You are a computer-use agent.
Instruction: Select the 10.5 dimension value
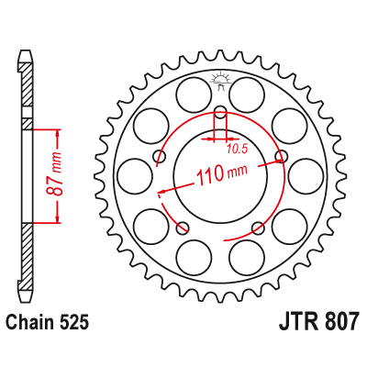pos(239,146)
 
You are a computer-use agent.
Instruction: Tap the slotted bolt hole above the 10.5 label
pos(220,116)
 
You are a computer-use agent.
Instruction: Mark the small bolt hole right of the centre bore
pos(281,157)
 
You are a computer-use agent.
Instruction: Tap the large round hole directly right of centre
pos(305,174)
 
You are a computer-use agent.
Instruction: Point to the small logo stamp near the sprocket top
pos(220,80)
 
